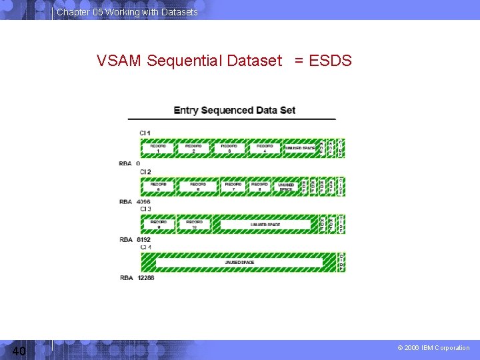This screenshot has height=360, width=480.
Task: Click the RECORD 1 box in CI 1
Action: tap(158, 148)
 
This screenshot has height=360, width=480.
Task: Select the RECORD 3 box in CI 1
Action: tap(229, 148)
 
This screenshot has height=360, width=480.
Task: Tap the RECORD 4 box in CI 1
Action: tap(264, 148)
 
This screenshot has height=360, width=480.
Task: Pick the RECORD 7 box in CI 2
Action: tap(233, 187)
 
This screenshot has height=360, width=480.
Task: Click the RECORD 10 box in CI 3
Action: tap(194, 225)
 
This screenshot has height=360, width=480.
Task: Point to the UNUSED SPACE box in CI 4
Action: tap(239, 262)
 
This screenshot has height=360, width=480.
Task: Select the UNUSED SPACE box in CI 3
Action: tap(265, 225)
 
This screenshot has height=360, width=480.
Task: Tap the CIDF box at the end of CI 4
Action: tap(341, 262)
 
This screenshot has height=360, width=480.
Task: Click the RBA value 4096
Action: tap(144, 201)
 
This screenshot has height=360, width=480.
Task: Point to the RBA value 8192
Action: tap(144, 239)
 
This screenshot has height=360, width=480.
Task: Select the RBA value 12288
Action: tap(146, 277)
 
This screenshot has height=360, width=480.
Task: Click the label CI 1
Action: tap(145, 133)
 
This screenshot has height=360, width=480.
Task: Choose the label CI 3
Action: tap(145, 209)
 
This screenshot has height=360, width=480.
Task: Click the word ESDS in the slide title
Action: tap(330, 61)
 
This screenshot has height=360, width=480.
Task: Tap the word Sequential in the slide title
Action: tap(185, 61)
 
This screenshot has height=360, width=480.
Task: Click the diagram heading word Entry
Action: tap(186, 110)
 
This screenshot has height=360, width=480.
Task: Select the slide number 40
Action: tap(19, 351)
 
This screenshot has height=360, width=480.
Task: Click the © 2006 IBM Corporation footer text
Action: tap(433, 348)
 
